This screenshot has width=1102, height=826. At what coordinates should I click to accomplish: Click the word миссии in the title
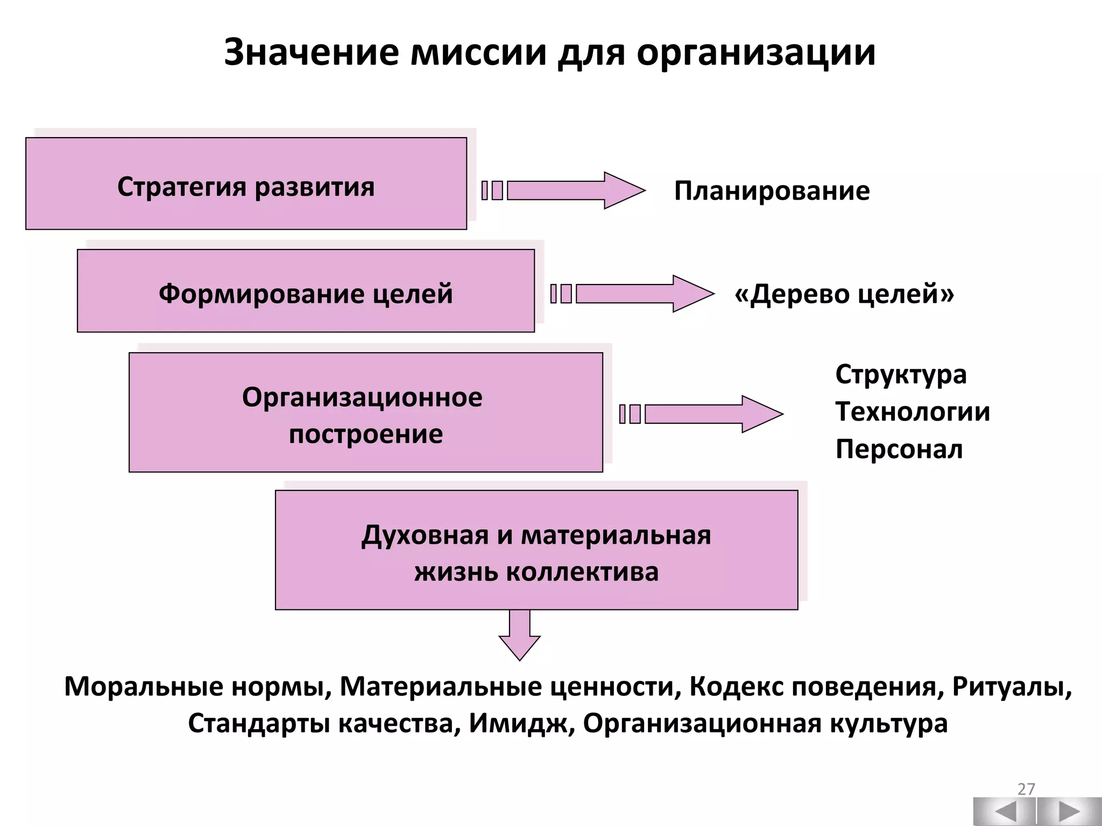pyautogui.click(x=478, y=53)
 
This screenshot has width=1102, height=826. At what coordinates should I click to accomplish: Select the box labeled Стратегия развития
pyautogui.click(x=246, y=184)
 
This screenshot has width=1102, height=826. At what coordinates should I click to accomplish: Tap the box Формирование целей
pyautogui.click(x=306, y=291)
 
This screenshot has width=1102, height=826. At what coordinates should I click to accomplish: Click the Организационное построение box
pyautogui.click(x=365, y=412)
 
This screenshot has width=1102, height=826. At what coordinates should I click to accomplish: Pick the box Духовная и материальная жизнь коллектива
pyautogui.click(x=536, y=550)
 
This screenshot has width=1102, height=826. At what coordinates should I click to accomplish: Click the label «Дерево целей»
pyautogui.click(x=844, y=294)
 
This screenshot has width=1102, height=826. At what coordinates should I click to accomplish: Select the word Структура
pyautogui.click(x=901, y=375)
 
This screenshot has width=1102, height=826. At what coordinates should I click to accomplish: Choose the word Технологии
pyautogui.click(x=913, y=412)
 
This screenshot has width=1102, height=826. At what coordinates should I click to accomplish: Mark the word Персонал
pyautogui.click(x=899, y=449)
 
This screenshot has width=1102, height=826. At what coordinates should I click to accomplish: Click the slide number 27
pyautogui.click(x=1026, y=789)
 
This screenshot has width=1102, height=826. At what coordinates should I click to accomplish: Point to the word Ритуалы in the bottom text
pyautogui.click(x=1011, y=687)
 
